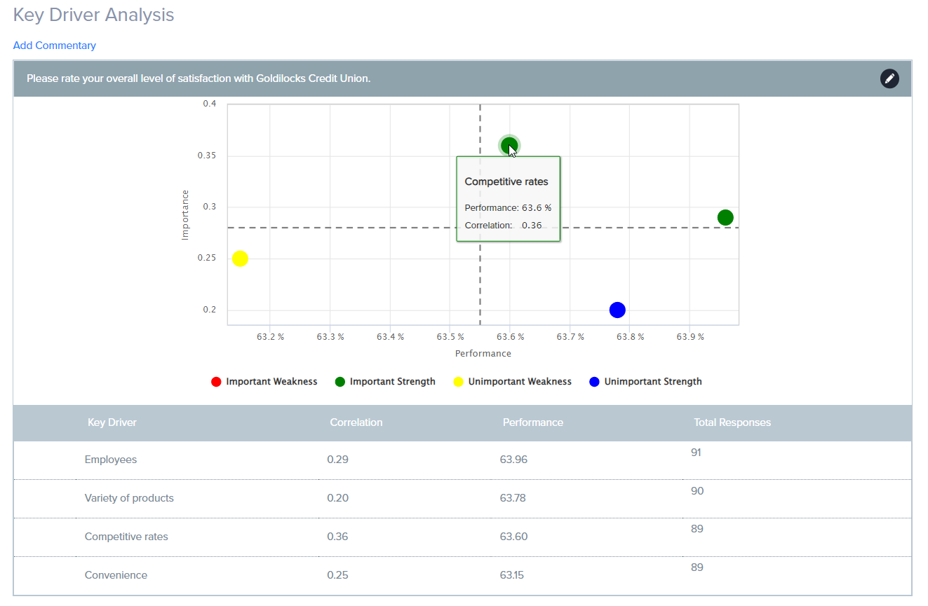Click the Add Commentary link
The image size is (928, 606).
55,46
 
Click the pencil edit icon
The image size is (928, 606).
889,78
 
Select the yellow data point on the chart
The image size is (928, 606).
240,259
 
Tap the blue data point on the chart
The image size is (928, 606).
617,310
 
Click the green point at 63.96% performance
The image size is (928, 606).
725,217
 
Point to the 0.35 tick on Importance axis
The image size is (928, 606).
208,156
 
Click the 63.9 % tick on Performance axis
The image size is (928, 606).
690,337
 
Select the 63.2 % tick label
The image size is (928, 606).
270,337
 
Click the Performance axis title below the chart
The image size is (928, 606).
483,354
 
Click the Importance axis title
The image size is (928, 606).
185,214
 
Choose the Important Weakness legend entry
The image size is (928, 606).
264,382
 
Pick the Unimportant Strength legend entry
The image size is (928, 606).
645,382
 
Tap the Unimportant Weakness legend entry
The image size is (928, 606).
513,382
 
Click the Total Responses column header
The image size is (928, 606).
732,422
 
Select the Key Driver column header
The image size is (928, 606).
112,422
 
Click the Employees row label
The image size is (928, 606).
111,460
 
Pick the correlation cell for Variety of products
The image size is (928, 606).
337,498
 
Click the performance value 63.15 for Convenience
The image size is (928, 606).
512,575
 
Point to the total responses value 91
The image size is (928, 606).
696,453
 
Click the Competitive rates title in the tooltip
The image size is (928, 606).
506,181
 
